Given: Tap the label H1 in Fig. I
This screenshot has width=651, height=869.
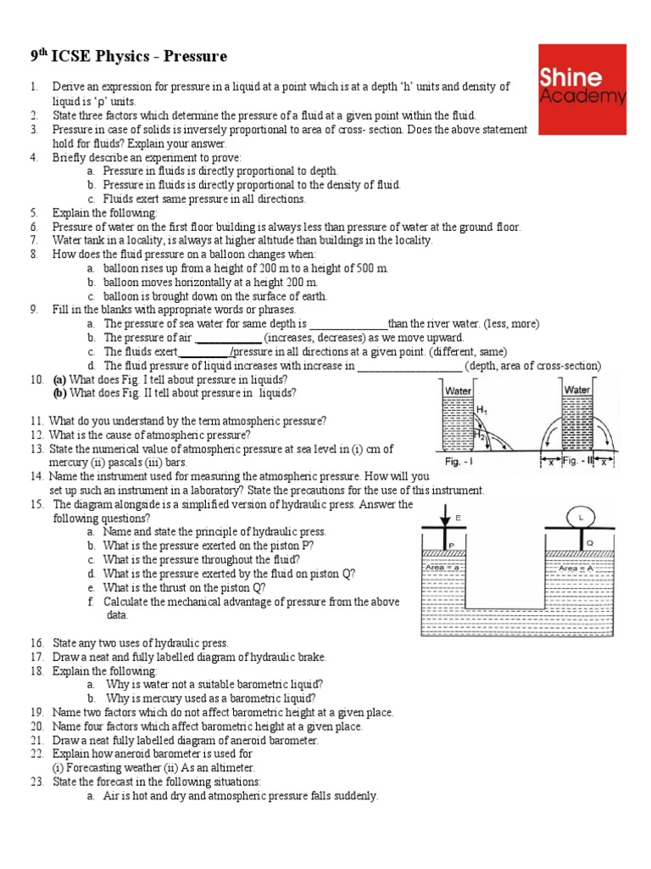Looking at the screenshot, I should [482, 411].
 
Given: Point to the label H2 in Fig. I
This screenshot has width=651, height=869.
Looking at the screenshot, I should [480, 434].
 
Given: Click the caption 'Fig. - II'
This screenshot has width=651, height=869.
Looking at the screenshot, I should [579, 463].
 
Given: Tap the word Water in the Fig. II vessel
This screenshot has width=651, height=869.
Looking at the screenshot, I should [577, 390].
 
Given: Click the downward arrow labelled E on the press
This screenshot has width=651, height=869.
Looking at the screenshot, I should [442, 519].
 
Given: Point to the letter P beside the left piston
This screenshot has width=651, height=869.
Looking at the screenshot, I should [453, 545].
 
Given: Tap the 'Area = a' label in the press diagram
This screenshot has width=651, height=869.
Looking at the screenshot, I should [441, 569].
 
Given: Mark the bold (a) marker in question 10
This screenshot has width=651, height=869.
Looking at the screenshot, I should [59, 379].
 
